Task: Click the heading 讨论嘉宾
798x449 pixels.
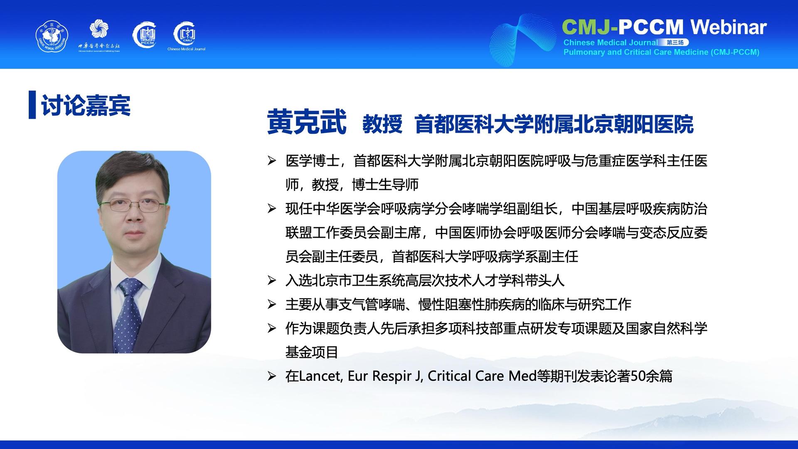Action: pyautogui.click(x=86, y=105)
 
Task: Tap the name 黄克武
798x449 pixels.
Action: pyautogui.click(x=307, y=122)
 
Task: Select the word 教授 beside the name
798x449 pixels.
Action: pyautogui.click(x=382, y=124)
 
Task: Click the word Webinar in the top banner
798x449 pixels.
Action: pyautogui.click(x=728, y=27)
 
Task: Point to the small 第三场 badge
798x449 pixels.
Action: pyautogui.click(x=675, y=42)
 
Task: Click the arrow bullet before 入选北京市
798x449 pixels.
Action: pyautogui.click(x=272, y=281)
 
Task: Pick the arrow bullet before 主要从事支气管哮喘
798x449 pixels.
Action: pyautogui.click(x=272, y=305)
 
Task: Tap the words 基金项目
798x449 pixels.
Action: pyautogui.click(x=312, y=353)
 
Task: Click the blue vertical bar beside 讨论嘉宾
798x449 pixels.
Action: pyautogui.click(x=32, y=105)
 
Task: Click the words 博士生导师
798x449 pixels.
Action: pyautogui.click(x=385, y=185)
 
